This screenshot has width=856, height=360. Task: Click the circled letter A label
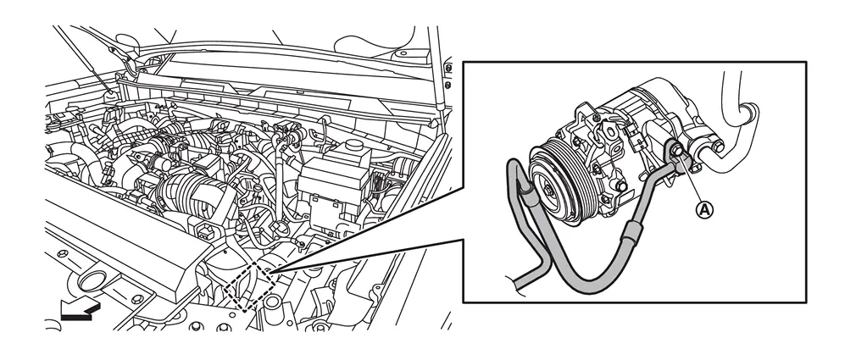(x=705, y=208)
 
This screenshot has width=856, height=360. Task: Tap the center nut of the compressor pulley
(x=547, y=186)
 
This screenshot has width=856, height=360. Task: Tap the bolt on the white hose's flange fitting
(x=718, y=146)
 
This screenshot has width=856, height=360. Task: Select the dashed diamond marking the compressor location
(x=251, y=285)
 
